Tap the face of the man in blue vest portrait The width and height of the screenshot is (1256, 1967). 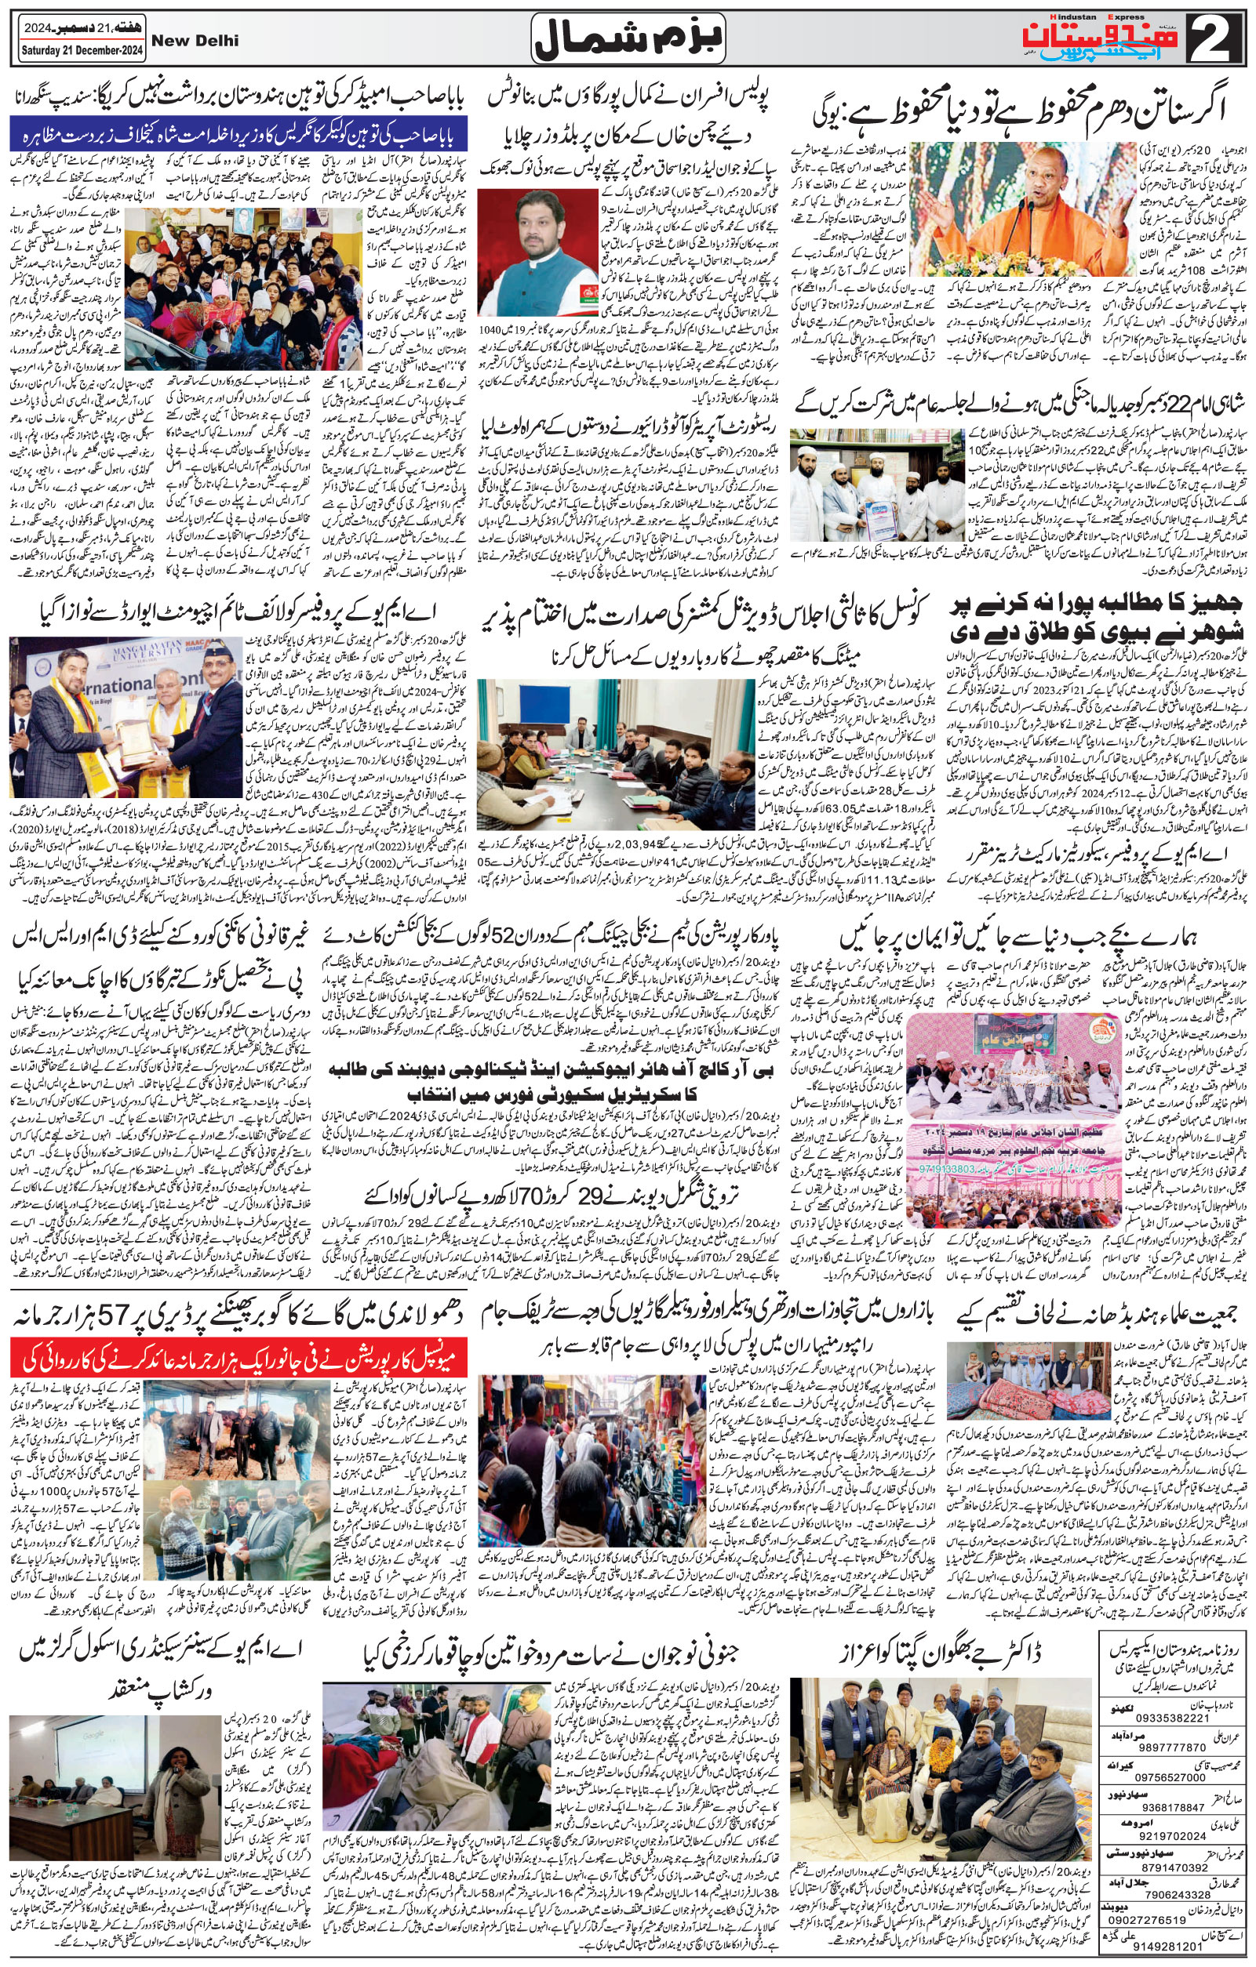[530, 234]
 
